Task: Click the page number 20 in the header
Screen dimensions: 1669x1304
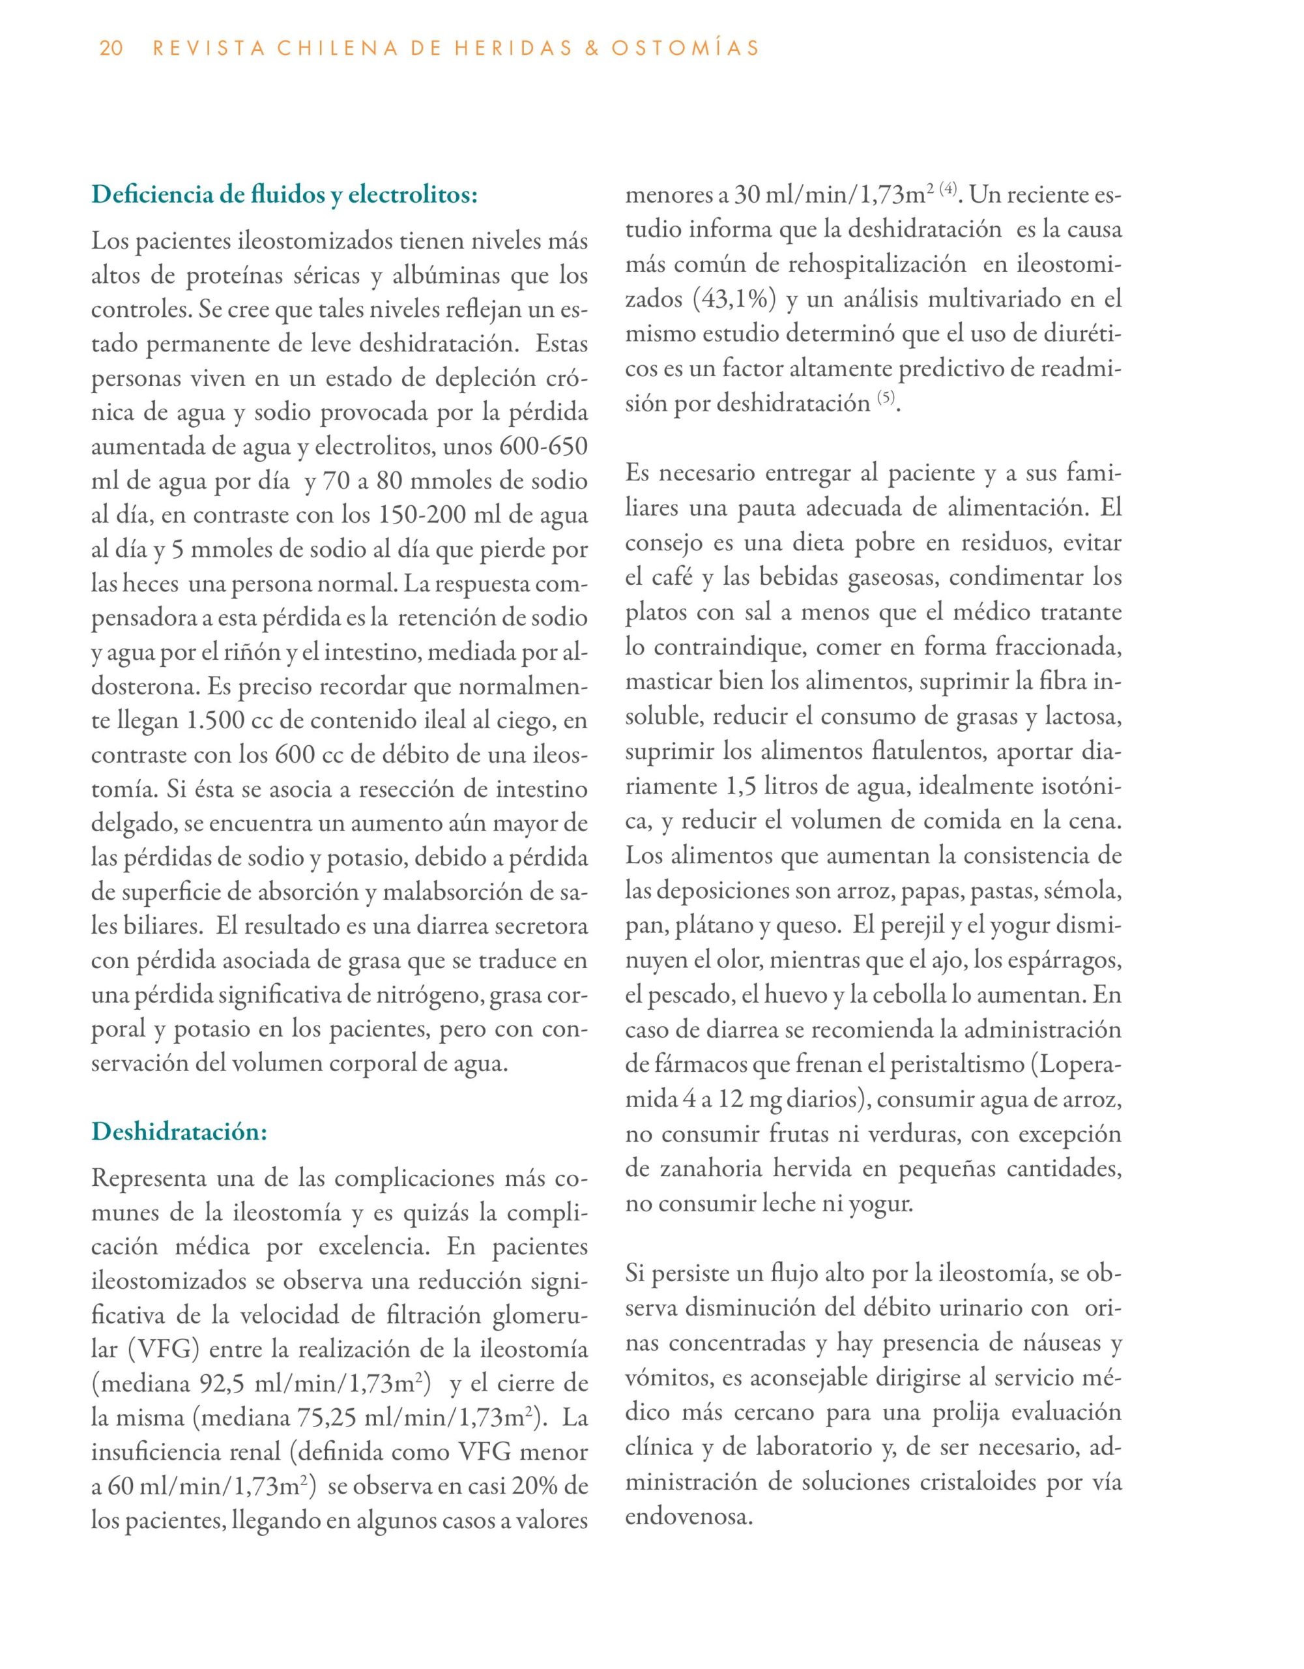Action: [x=111, y=49]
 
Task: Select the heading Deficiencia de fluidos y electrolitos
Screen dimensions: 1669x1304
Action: [x=284, y=195]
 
